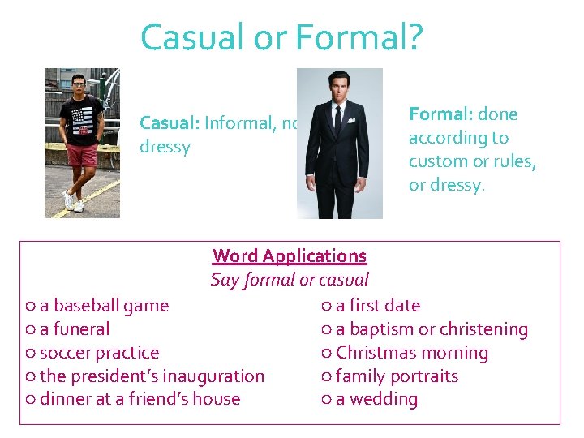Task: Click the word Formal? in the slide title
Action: coord(359,38)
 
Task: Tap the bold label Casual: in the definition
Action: coord(170,123)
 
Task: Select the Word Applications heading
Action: coord(290,256)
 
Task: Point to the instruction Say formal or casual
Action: coord(290,281)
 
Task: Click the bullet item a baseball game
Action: coord(104,306)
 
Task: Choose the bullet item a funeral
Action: coord(74,329)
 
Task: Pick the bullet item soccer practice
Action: coord(99,353)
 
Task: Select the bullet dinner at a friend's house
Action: coord(140,399)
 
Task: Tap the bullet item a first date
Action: coord(378,306)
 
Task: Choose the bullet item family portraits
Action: coord(397,376)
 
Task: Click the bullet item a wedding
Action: coord(376,399)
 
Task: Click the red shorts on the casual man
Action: coord(82,154)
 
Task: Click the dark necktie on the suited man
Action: coord(337,119)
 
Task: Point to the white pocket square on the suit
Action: coord(351,120)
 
